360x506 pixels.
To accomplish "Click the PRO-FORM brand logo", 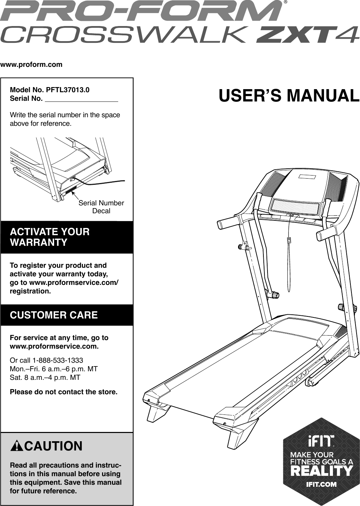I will pyautogui.click(x=140, y=11).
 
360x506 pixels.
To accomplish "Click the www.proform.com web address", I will pyautogui.click(x=32, y=64).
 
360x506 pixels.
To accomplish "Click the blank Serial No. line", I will pyautogui.click(x=82, y=99).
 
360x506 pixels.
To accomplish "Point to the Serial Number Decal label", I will pyautogui.click(x=101, y=207).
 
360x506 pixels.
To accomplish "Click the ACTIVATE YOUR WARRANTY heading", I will pyautogui.click(x=50, y=237).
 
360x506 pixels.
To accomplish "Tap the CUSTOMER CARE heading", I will pyautogui.click(x=54, y=315).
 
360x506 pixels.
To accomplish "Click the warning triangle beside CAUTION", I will pyautogui.click(x=16, y=446).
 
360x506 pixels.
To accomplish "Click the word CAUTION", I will pyautogui.click(x=53, y=446).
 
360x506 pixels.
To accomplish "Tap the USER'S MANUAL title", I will pyautogui.click(x=289, y=96).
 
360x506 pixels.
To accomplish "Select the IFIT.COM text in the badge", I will pyautogui.click(x=321, y=484).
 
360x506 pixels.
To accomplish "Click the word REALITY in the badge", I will pyautogui.click(x=321, y=471).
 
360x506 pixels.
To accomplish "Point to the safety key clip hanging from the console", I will pyautogui.click(x=289, y=240).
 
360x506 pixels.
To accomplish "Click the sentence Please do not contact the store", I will pyautogui.click(x=64, y=391).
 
